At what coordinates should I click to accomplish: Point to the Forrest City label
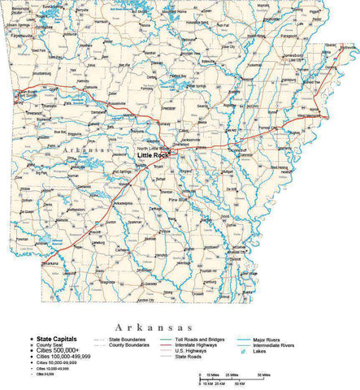click(270, 128)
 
